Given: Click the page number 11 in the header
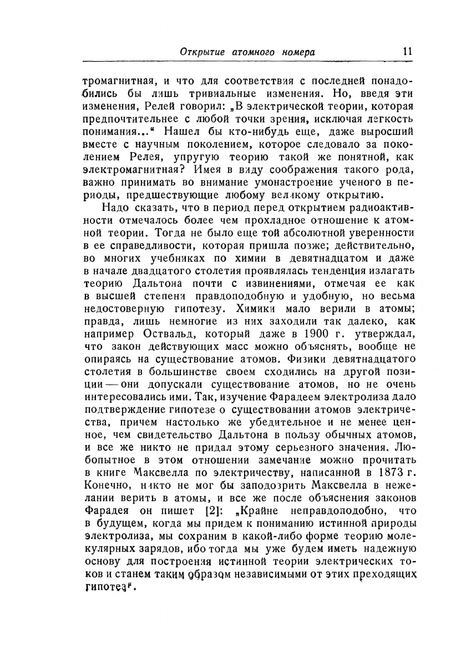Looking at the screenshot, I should tap(407, 52).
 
